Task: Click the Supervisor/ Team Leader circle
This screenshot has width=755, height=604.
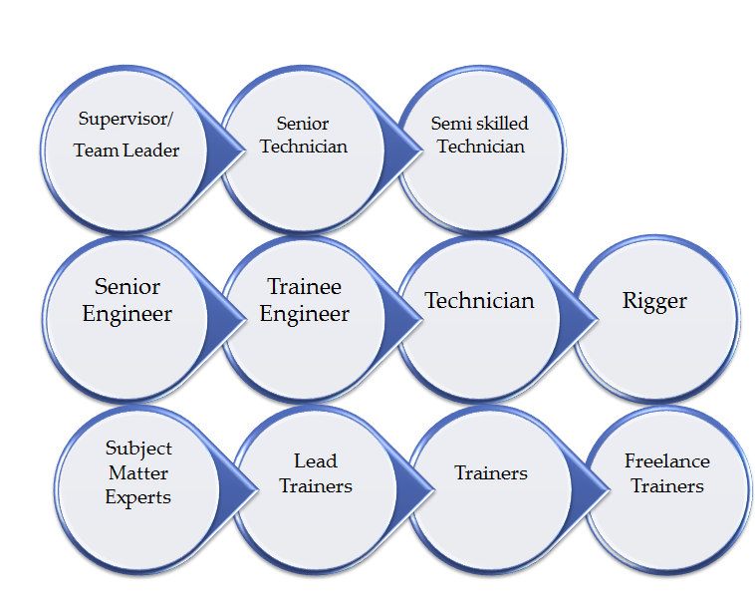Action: (126, 150)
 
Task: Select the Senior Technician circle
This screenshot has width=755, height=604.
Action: (304, 150)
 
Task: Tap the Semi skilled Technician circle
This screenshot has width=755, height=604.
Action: (481, 150)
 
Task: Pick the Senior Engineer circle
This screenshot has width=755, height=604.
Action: (126, 319)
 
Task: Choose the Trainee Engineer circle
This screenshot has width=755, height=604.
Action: (305, 319)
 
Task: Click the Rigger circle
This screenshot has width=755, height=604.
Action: (655, 319)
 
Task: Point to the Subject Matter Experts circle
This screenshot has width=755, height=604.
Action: (138, 489)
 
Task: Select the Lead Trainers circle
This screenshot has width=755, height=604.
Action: (317, 489)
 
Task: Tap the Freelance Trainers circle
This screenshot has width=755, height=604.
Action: (668, 489)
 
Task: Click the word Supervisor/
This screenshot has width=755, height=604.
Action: (126, 119)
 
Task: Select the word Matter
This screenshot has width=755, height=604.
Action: (138, 473)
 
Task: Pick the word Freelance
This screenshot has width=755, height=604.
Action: (667, 460)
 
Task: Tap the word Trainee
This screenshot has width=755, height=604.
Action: (305, 287)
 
